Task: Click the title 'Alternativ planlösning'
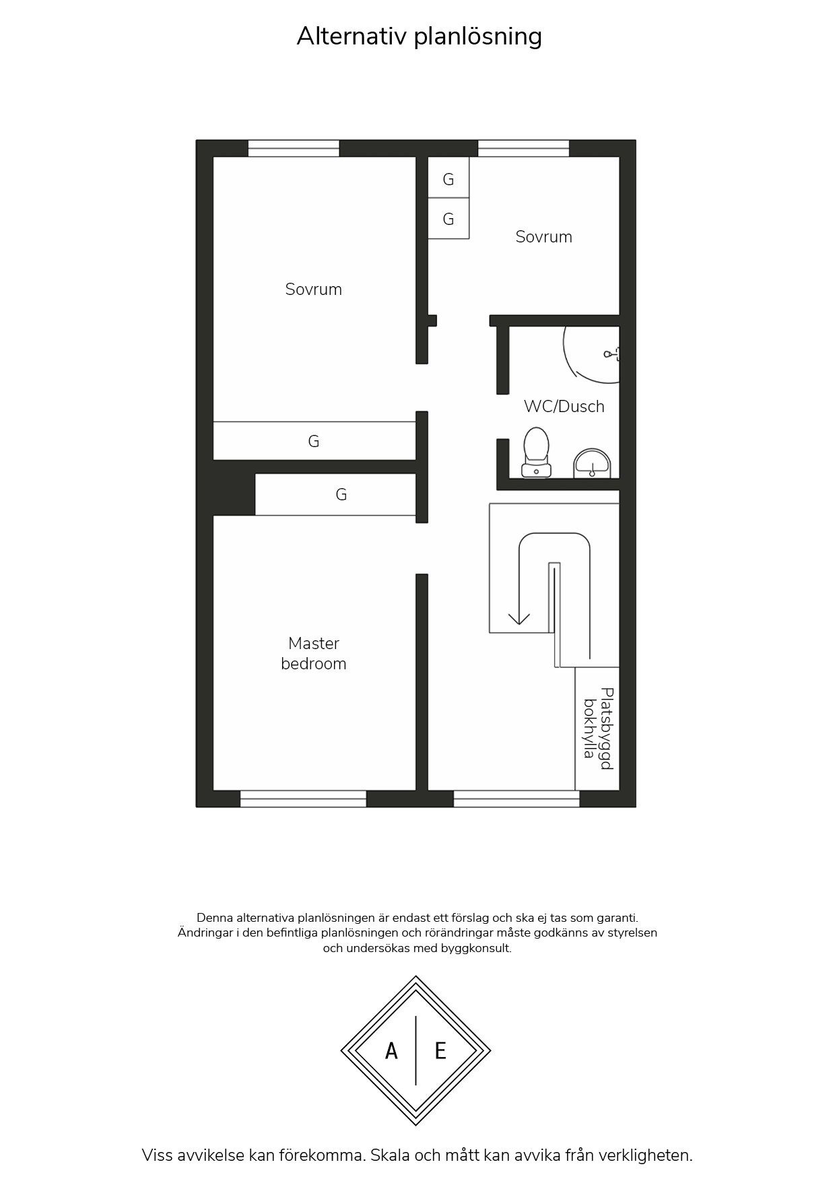pyautogui.click(x=419, y=36)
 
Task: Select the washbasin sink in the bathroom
pyautogui.click(x=592, y=464)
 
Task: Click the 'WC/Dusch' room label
pyautogui.click(x=564, y=407)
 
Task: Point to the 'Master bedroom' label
pyautogui.click(x=314, y=653)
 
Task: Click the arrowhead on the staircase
pyautogui.click(x=519, y=618)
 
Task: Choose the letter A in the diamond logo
pyautogui.click(x=391, y=1050)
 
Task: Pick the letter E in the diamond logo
pyautogui.click(x=440, y=1050)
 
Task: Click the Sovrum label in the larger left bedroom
pyautogui.click(x=314, y=290)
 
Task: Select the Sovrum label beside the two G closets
pyautogui.click(x=544, y=237)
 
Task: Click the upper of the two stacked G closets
pyautogui.click(x=448, y=178)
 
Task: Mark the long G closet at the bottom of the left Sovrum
pyautogui.click(x=314, y=441)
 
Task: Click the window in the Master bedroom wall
pyautogui.click(x=303, y=799)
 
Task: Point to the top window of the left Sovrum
pyautogui.click(x=294, y=148)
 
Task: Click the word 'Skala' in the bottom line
pyautogui.click(x=391, y=1155)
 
